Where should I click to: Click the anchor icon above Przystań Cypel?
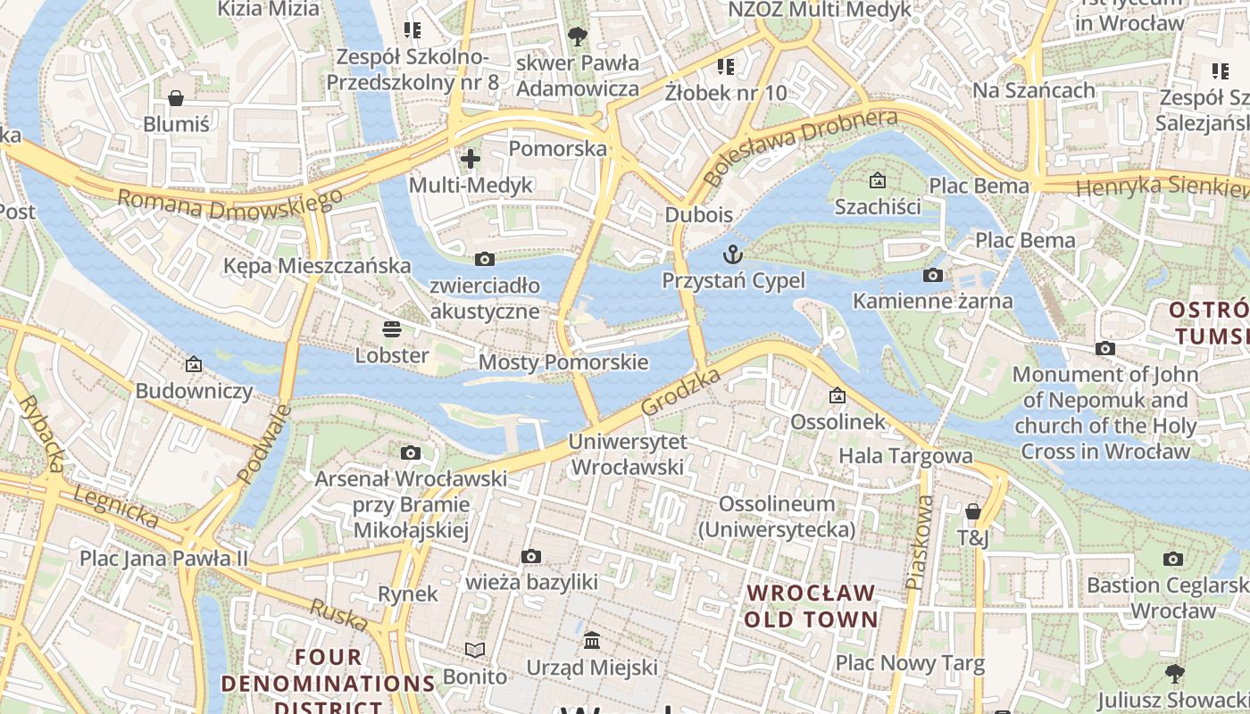(x=732, y=254)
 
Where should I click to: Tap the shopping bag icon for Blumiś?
(x=176, y=97)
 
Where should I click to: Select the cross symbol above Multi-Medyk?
(x=470, y=159)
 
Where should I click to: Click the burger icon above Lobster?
(x=391, y=328)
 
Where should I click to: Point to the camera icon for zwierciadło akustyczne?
(x=484, y=259)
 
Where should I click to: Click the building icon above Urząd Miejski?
(x=591, y=640)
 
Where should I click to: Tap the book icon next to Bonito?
(x=475, y=650)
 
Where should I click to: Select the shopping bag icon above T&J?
(x=972, y=511)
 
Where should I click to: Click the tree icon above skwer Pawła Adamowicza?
(x=577, y=36)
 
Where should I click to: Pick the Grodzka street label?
(x=681, y=392)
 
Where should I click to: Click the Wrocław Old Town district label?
(x=811, y=606)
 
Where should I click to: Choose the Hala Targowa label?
(x=905, y=456)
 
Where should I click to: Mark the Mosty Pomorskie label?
(x=562, y=362)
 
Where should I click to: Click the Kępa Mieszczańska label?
(x=317, y=266)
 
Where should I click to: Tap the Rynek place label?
(x=408, y=594)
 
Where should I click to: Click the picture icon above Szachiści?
(x=877, y=179)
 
